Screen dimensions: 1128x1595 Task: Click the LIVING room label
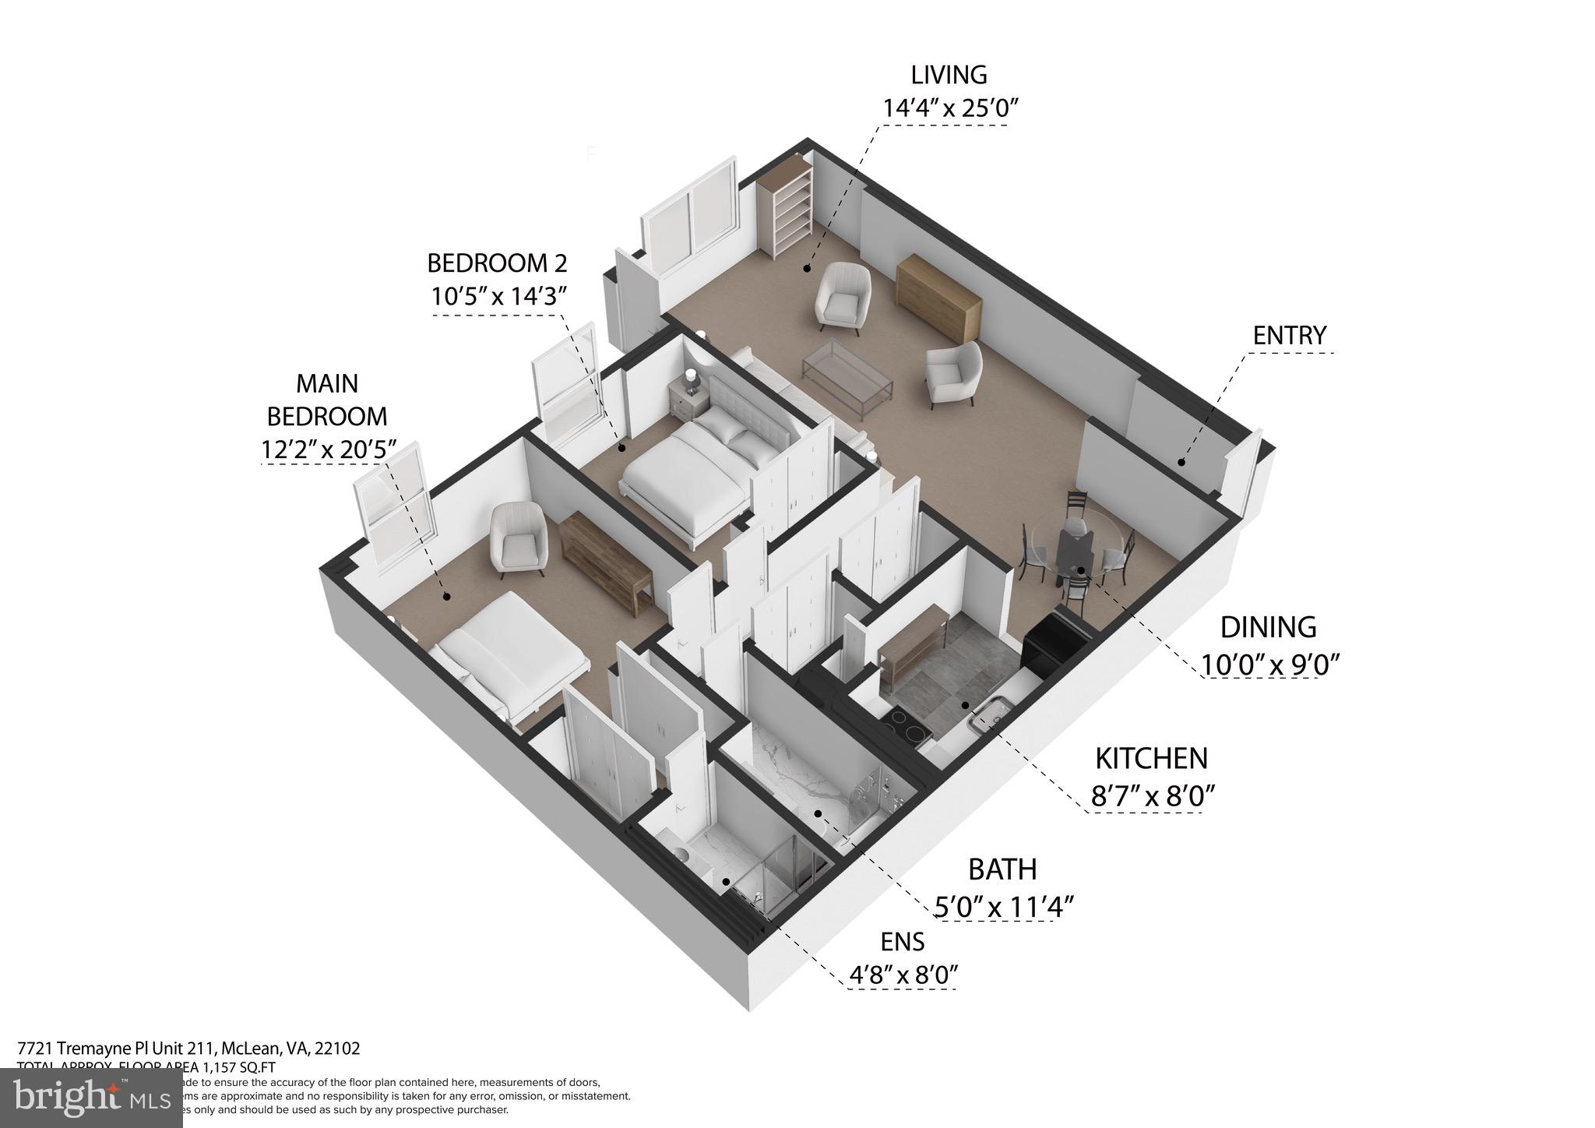click(x=949, y=76)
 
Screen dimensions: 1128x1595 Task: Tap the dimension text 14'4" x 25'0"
click(x=949, y=108)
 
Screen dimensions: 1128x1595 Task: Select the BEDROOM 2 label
click(x=497, y=263)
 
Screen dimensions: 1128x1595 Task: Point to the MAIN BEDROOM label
click(x=327, y=400)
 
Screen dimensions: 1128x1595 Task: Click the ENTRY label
click(x=1289, y=336)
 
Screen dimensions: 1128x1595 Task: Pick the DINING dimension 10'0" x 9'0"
click(x=1269, y=664)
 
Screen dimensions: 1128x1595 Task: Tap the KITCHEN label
click(x=1151, y=758)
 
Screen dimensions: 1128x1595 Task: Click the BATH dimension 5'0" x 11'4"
click(x=1004, y=907)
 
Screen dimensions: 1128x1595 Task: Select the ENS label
click(x=902, y=942)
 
